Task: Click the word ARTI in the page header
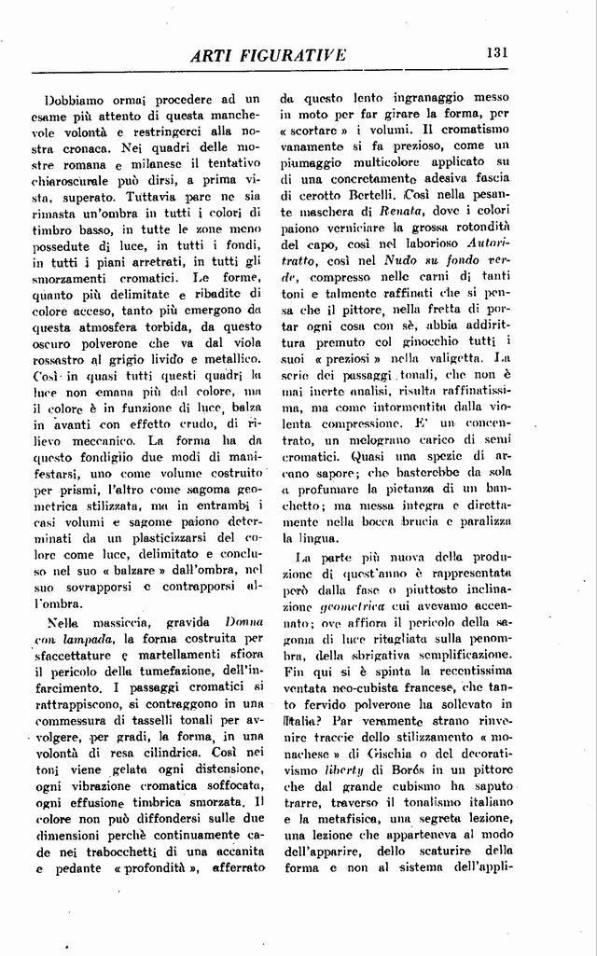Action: coord(214,55)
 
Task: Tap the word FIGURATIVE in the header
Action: coord(293,55)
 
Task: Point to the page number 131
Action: coord(496,53)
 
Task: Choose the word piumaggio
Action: coord(315,165)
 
